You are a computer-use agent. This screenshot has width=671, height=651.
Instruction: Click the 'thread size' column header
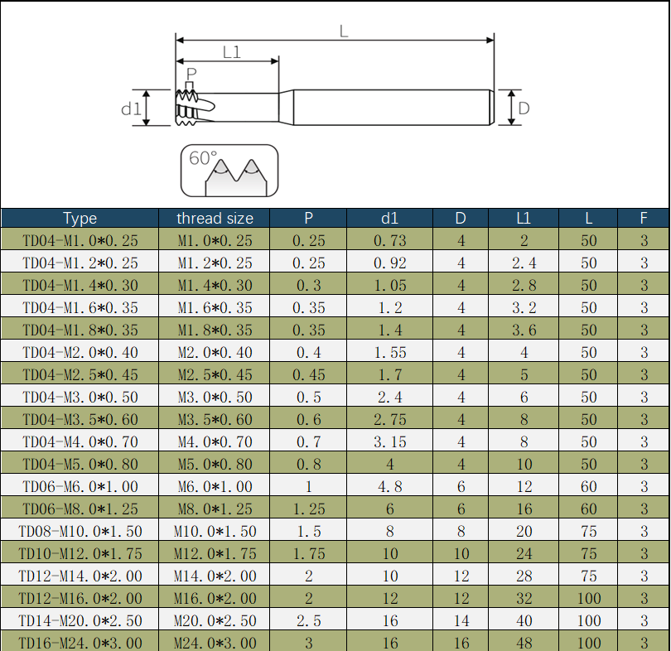tap(215, 219)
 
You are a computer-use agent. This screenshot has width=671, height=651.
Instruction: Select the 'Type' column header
tap(80, 219)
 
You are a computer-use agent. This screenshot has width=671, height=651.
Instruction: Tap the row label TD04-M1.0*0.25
tap(80, 241)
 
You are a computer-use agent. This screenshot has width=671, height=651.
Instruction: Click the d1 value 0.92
tap(390, 263)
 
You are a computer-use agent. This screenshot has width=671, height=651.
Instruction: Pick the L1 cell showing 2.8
tap(524, 285)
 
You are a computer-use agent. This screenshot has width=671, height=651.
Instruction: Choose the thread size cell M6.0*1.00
tap(215, 487)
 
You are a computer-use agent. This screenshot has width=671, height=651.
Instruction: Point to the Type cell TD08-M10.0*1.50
tap(80, 531)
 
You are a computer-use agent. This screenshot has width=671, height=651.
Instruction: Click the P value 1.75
tap(308, 553)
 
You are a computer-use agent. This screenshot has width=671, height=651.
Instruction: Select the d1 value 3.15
tap(390, 441)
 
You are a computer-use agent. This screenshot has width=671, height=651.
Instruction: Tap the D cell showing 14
tap(461, 620)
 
